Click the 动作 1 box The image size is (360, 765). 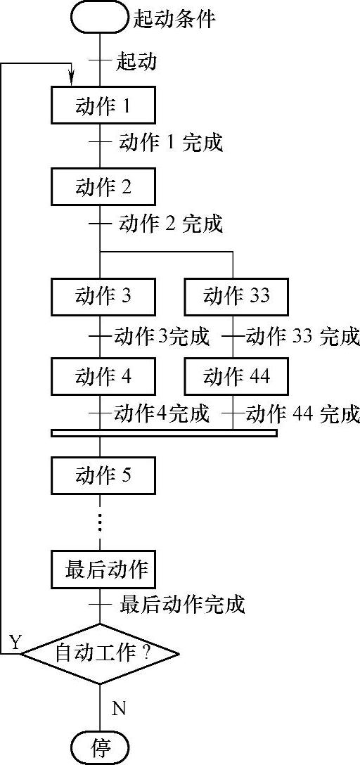click(103, 106)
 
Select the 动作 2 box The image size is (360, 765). click(103, 187)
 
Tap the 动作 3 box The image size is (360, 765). click(103, 297)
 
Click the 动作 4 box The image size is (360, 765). click(103, 377)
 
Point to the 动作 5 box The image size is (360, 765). click(103, 476)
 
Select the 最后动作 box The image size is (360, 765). click(103, 570)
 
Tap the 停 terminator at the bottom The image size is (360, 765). click(100, 747)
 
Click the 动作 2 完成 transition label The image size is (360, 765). click(170, 224)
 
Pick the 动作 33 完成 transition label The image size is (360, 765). click(303, 336)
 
